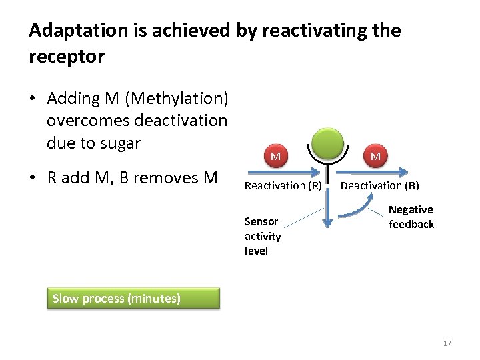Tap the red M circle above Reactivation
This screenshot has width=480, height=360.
[x=275, y=156]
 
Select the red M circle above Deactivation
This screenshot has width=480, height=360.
[x=375, y=156]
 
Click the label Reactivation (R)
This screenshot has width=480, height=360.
[x=283, y=185]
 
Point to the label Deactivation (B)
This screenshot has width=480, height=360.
[x=379, y=185]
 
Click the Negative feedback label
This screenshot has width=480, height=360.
[x=411, y=217]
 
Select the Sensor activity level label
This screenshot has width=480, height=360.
[x=263, y=236]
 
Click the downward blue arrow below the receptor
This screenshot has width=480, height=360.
[x=328, y=213]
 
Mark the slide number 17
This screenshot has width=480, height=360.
[x=447, y=343]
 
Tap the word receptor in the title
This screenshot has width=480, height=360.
[x=67, y=57]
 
